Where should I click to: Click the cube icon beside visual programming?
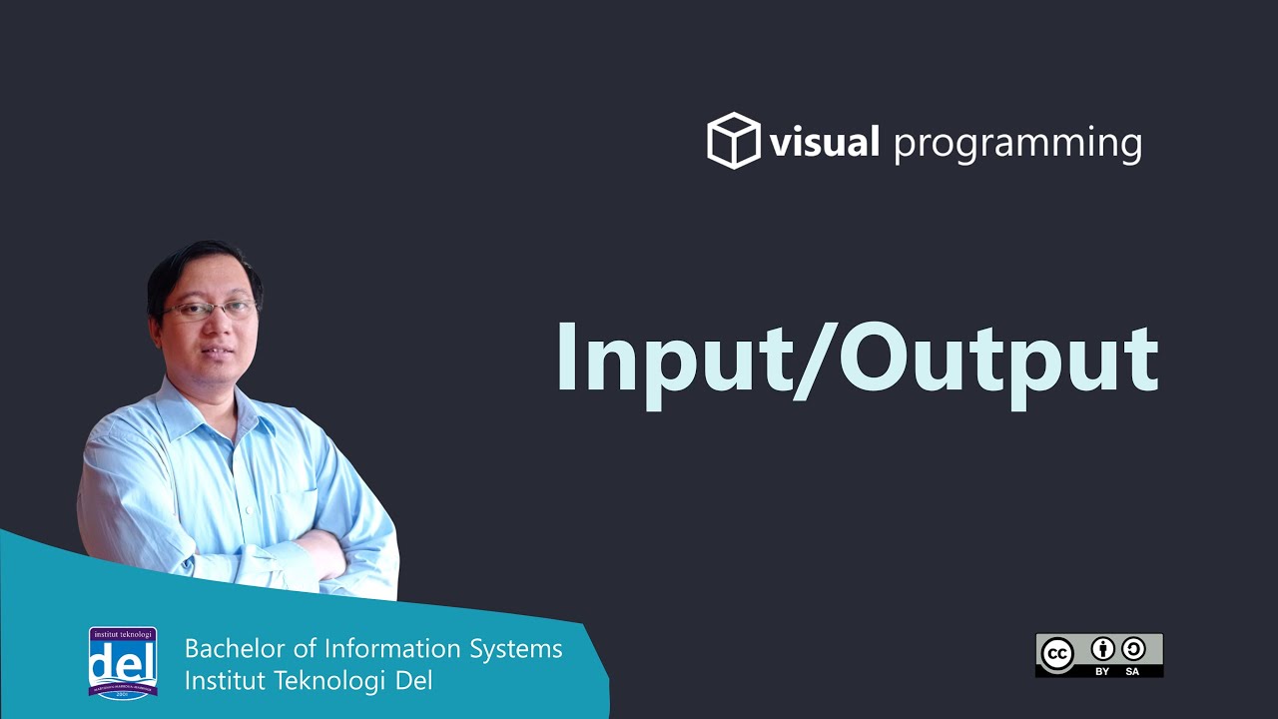[x=734, y=141]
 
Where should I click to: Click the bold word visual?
[x=824, y=143]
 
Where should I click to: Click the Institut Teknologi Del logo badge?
[x=122, y=663]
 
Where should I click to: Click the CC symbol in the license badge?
[x=1057, y=654]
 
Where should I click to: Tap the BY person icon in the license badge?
[x=1102, y=648]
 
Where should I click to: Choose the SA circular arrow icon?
[x=1132, y=648]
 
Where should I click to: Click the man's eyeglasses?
[x=209, y=310]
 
